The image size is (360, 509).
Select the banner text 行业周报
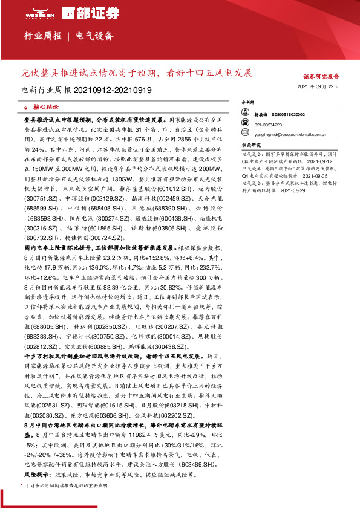point(42,36)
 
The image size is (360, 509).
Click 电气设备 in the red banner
point(94,36)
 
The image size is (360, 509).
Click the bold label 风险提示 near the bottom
point(35,476)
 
